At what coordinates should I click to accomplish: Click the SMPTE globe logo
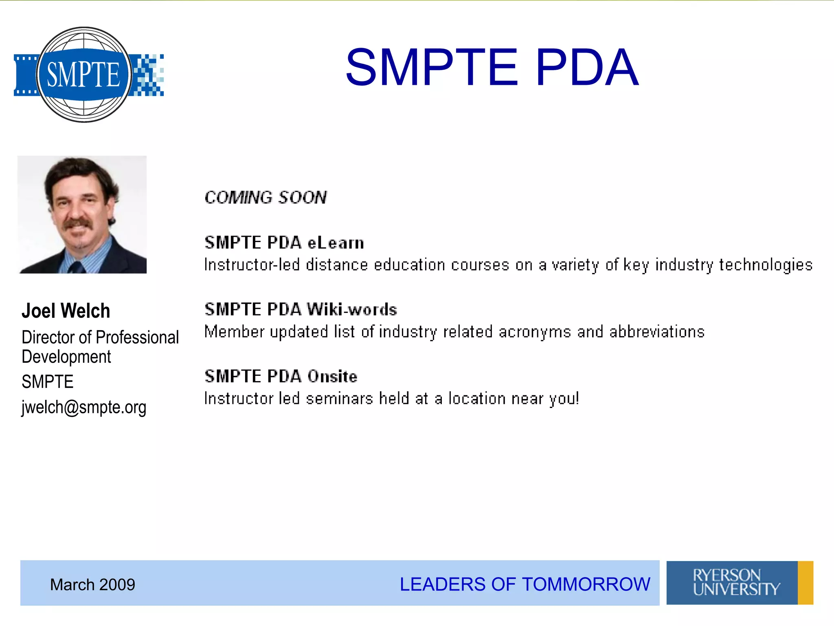84,75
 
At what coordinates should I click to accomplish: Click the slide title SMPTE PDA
492,68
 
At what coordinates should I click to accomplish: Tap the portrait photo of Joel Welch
82,214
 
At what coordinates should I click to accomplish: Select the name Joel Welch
66,311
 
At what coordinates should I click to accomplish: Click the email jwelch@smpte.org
84,407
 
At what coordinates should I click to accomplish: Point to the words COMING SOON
266,198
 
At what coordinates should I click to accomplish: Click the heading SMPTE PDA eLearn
284,243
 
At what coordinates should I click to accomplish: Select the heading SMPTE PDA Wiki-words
301,310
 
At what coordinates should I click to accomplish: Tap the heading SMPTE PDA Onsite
281,377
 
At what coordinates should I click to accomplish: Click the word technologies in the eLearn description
766,265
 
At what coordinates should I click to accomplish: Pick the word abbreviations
657,332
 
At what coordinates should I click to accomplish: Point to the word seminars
339,399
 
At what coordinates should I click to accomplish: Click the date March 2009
92,585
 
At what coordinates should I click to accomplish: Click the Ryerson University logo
732,583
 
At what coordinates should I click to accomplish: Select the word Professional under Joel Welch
137,337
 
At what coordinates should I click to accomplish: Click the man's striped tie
76,267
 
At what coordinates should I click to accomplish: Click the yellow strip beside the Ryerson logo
805,583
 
